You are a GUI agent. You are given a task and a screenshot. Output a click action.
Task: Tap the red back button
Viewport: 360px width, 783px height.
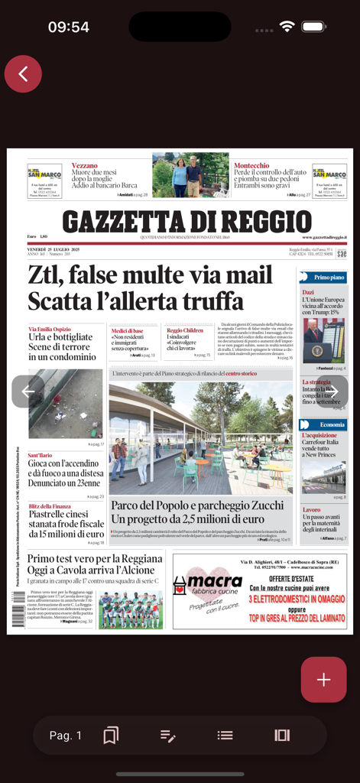point(23,74)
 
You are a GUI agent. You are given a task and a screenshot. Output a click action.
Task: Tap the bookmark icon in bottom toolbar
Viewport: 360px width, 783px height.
point(111,735)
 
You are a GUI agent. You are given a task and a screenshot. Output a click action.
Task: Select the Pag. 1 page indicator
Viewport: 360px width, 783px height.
point(66,735)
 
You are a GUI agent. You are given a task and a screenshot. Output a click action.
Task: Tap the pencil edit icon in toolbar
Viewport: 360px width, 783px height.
point(168,735)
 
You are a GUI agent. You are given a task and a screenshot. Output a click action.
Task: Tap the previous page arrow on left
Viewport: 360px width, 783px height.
point(28,391)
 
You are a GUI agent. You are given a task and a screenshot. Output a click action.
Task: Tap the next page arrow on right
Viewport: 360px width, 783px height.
point(332,391)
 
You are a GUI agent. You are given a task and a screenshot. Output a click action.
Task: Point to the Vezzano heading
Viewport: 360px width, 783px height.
point(84,165)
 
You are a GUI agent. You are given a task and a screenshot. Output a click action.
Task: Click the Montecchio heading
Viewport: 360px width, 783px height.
point(251,165)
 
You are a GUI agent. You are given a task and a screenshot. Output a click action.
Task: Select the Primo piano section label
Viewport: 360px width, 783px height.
point(329,277)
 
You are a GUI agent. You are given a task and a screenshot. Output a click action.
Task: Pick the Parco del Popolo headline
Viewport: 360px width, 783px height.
point(197,512)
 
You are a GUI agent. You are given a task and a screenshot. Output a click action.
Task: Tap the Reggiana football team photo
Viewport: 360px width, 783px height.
point(130,609)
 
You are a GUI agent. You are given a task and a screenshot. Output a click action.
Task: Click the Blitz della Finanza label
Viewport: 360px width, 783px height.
point(50,506)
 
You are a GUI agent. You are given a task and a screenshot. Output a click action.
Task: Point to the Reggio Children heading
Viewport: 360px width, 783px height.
point(185,330)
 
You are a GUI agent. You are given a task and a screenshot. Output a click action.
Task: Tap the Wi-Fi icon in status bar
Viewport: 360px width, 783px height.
point(287,26)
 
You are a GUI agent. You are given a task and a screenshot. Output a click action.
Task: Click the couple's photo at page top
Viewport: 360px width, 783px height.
point(190,177)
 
